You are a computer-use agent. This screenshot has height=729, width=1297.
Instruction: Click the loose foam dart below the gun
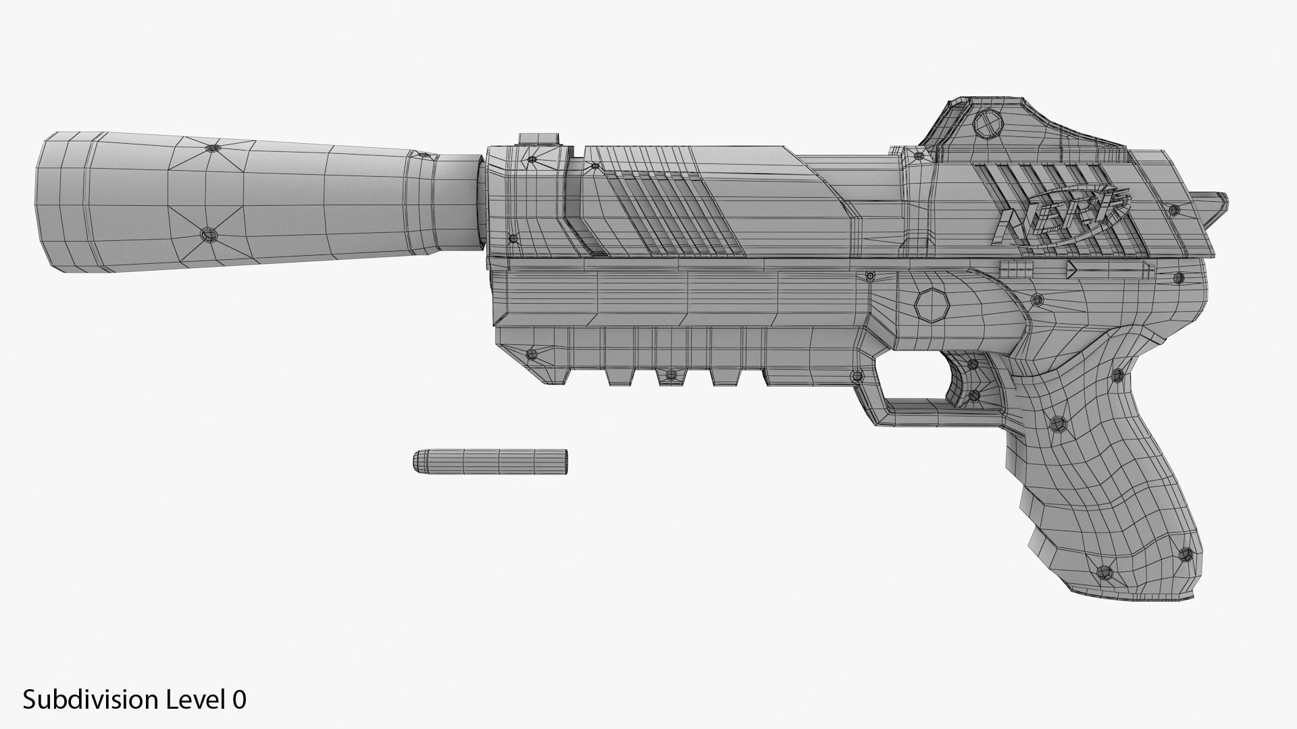(490, 461)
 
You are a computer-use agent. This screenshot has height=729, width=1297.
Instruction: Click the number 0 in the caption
(239, 700)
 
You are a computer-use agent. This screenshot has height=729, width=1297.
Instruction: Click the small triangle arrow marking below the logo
(1071, 271)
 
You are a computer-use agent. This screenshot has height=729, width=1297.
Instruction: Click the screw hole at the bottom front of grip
(1105, 572)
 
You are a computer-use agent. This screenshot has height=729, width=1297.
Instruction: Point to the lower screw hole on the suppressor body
(207, 235)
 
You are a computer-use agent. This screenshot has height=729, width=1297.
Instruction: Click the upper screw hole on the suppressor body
(213, 148)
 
